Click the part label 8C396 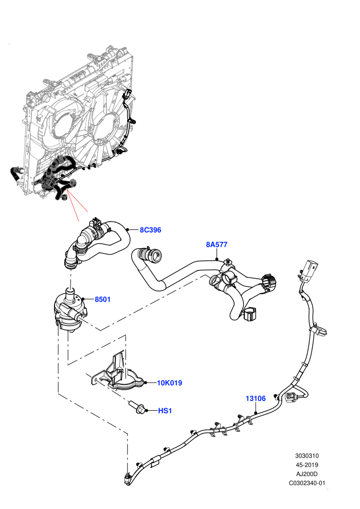point(150,230)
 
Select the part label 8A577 point(217,244)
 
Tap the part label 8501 point(102,299)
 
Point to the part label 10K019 point(169,383)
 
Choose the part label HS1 point(165,411)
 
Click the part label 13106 point(256,398)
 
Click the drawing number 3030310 point(307,456)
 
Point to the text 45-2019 point(307,465)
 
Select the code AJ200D point(307,474)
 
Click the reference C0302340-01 point(307,483)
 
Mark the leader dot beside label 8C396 point(128,230)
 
